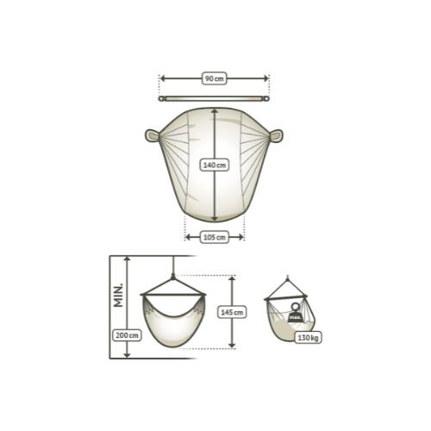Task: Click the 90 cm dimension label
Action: [x=215, y=78]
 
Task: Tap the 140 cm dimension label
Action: [x=215, y=166]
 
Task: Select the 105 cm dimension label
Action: [x=215, y=237]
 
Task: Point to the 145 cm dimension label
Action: [x=232, y=312]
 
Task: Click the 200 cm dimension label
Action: [x=127, y=335]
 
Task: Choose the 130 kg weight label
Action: [x=308, y=338]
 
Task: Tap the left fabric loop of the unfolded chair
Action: [x=153, y=135]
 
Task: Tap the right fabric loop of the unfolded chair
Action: [x=276, y=136]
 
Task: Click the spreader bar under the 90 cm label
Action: [x=214, y=99]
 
